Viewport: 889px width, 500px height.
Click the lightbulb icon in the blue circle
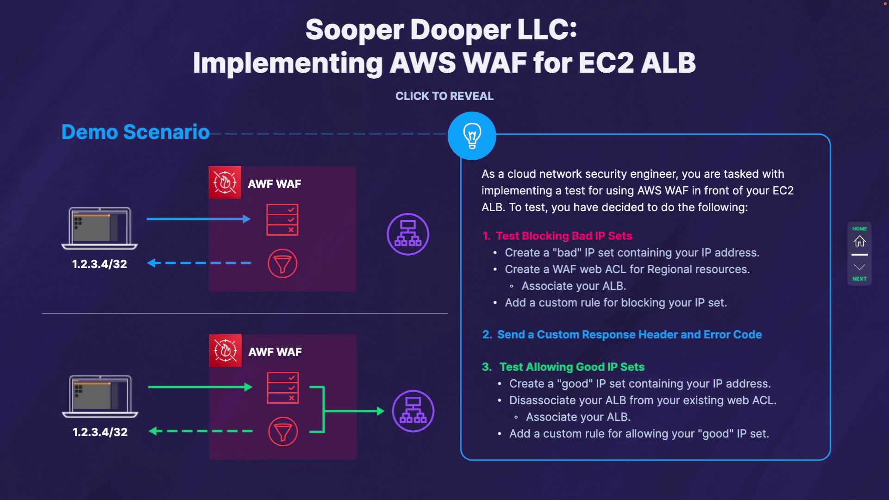pos(472,136)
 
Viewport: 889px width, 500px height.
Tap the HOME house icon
pos(859,241)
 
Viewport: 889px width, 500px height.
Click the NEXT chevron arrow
pos(859,267)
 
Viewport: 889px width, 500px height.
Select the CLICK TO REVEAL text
pos(444,96)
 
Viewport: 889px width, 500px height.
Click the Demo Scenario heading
pos(136,132)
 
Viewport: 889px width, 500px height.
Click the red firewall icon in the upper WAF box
pos(225,182)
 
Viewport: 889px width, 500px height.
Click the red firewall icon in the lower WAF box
pos(225,350)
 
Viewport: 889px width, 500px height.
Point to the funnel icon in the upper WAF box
pos(282,263)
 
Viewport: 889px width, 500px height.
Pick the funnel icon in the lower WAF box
pos(283,431)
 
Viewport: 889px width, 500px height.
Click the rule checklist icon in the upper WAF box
pos(282,219)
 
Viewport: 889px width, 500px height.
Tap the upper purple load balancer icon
pos(408,234)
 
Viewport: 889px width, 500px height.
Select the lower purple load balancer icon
pos(413,411)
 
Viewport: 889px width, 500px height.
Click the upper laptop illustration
pos(100,228)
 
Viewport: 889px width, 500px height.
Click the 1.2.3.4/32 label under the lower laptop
pos(100,432)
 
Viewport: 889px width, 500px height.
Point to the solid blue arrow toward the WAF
pos(199,219)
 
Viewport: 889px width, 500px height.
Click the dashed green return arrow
pos(200,431)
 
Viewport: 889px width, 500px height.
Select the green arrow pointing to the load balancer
pos(354,411)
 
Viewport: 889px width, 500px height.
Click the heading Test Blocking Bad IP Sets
pos(564,236)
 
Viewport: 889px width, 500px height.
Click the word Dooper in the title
pos(461,30)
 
